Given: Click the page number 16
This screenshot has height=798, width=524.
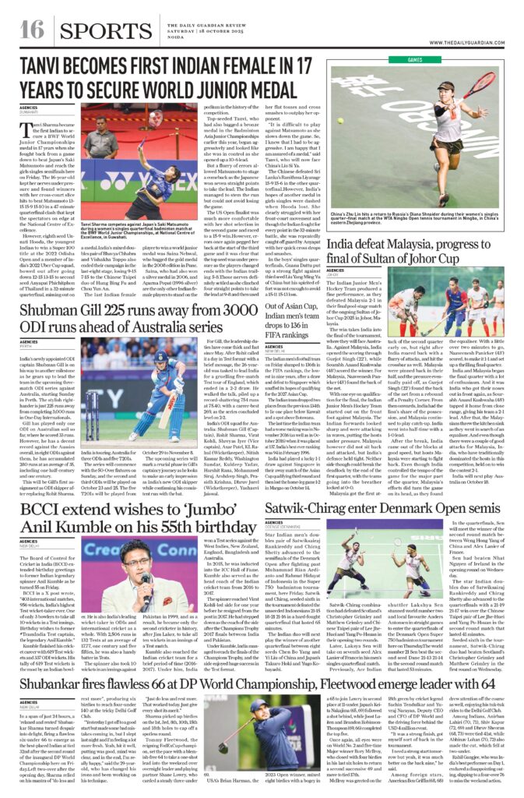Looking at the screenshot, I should pos(30,29).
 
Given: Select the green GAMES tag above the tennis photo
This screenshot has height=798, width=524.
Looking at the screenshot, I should pos(414,59).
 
